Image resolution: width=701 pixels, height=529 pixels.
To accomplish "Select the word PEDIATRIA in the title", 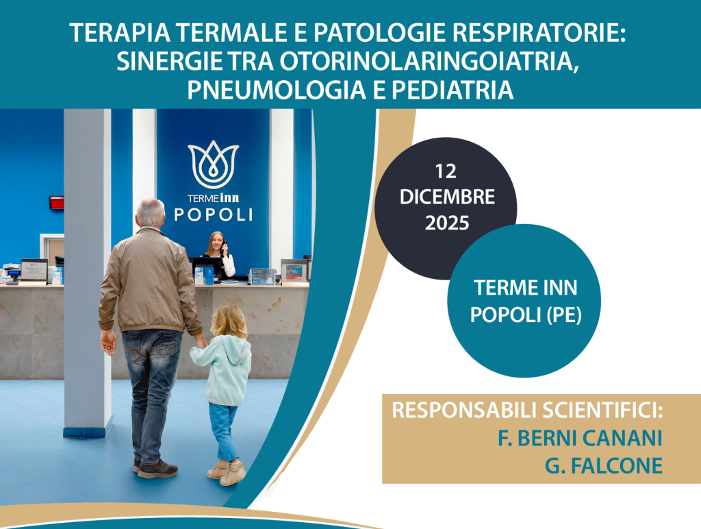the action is (x=453, y=90).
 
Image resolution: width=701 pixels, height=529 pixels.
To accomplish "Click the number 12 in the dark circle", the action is (x=446, y=171).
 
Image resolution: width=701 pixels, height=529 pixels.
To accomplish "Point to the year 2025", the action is (x=446, y=223).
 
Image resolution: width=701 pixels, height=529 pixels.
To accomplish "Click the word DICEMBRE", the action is (x=447, y=197).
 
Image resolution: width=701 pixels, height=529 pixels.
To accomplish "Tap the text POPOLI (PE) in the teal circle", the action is (x=526, y=315).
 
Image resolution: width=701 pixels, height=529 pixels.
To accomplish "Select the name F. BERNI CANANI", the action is (x=580, y=438).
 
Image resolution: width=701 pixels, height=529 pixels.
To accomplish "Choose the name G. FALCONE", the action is (x=604, y=466).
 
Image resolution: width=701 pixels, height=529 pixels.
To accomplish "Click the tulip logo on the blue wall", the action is (x=214, y=164).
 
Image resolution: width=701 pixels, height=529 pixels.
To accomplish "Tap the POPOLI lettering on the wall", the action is (x=214, y=215).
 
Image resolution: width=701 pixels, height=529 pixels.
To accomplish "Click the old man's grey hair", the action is (x=150, y=210).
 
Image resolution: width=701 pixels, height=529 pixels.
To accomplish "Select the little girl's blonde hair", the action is (x=229, y=322).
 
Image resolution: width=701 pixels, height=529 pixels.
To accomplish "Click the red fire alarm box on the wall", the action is (x=57, y=202).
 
